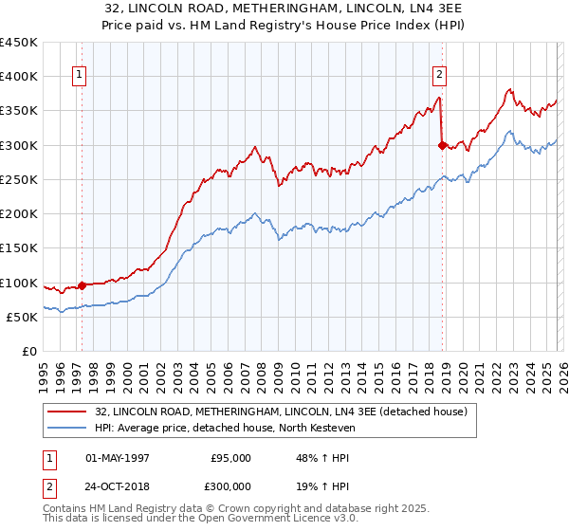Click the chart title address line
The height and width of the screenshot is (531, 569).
(284, 9)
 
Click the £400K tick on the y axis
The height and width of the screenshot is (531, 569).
(19, 77)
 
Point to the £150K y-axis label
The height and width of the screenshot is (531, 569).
(19, 247)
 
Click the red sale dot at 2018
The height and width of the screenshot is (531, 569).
(442, 145)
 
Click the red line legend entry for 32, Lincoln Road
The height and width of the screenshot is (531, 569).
(281, 412)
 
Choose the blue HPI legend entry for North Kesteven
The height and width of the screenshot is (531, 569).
(237, 429)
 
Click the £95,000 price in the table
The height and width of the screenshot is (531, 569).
(231, 458)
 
